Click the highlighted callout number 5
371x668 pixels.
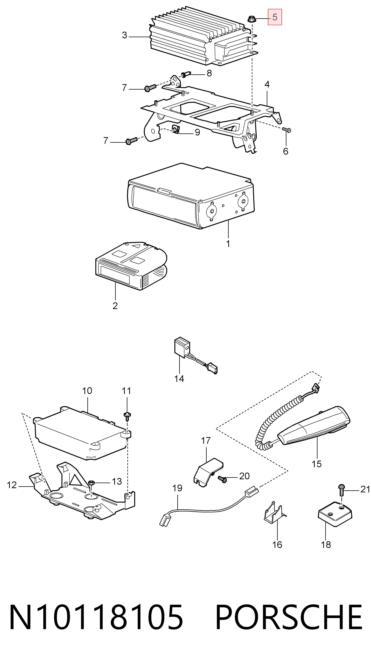tap(275, 17)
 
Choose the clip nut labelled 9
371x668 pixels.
tap(176, 129)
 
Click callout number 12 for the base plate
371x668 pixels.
tap(12, 485)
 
